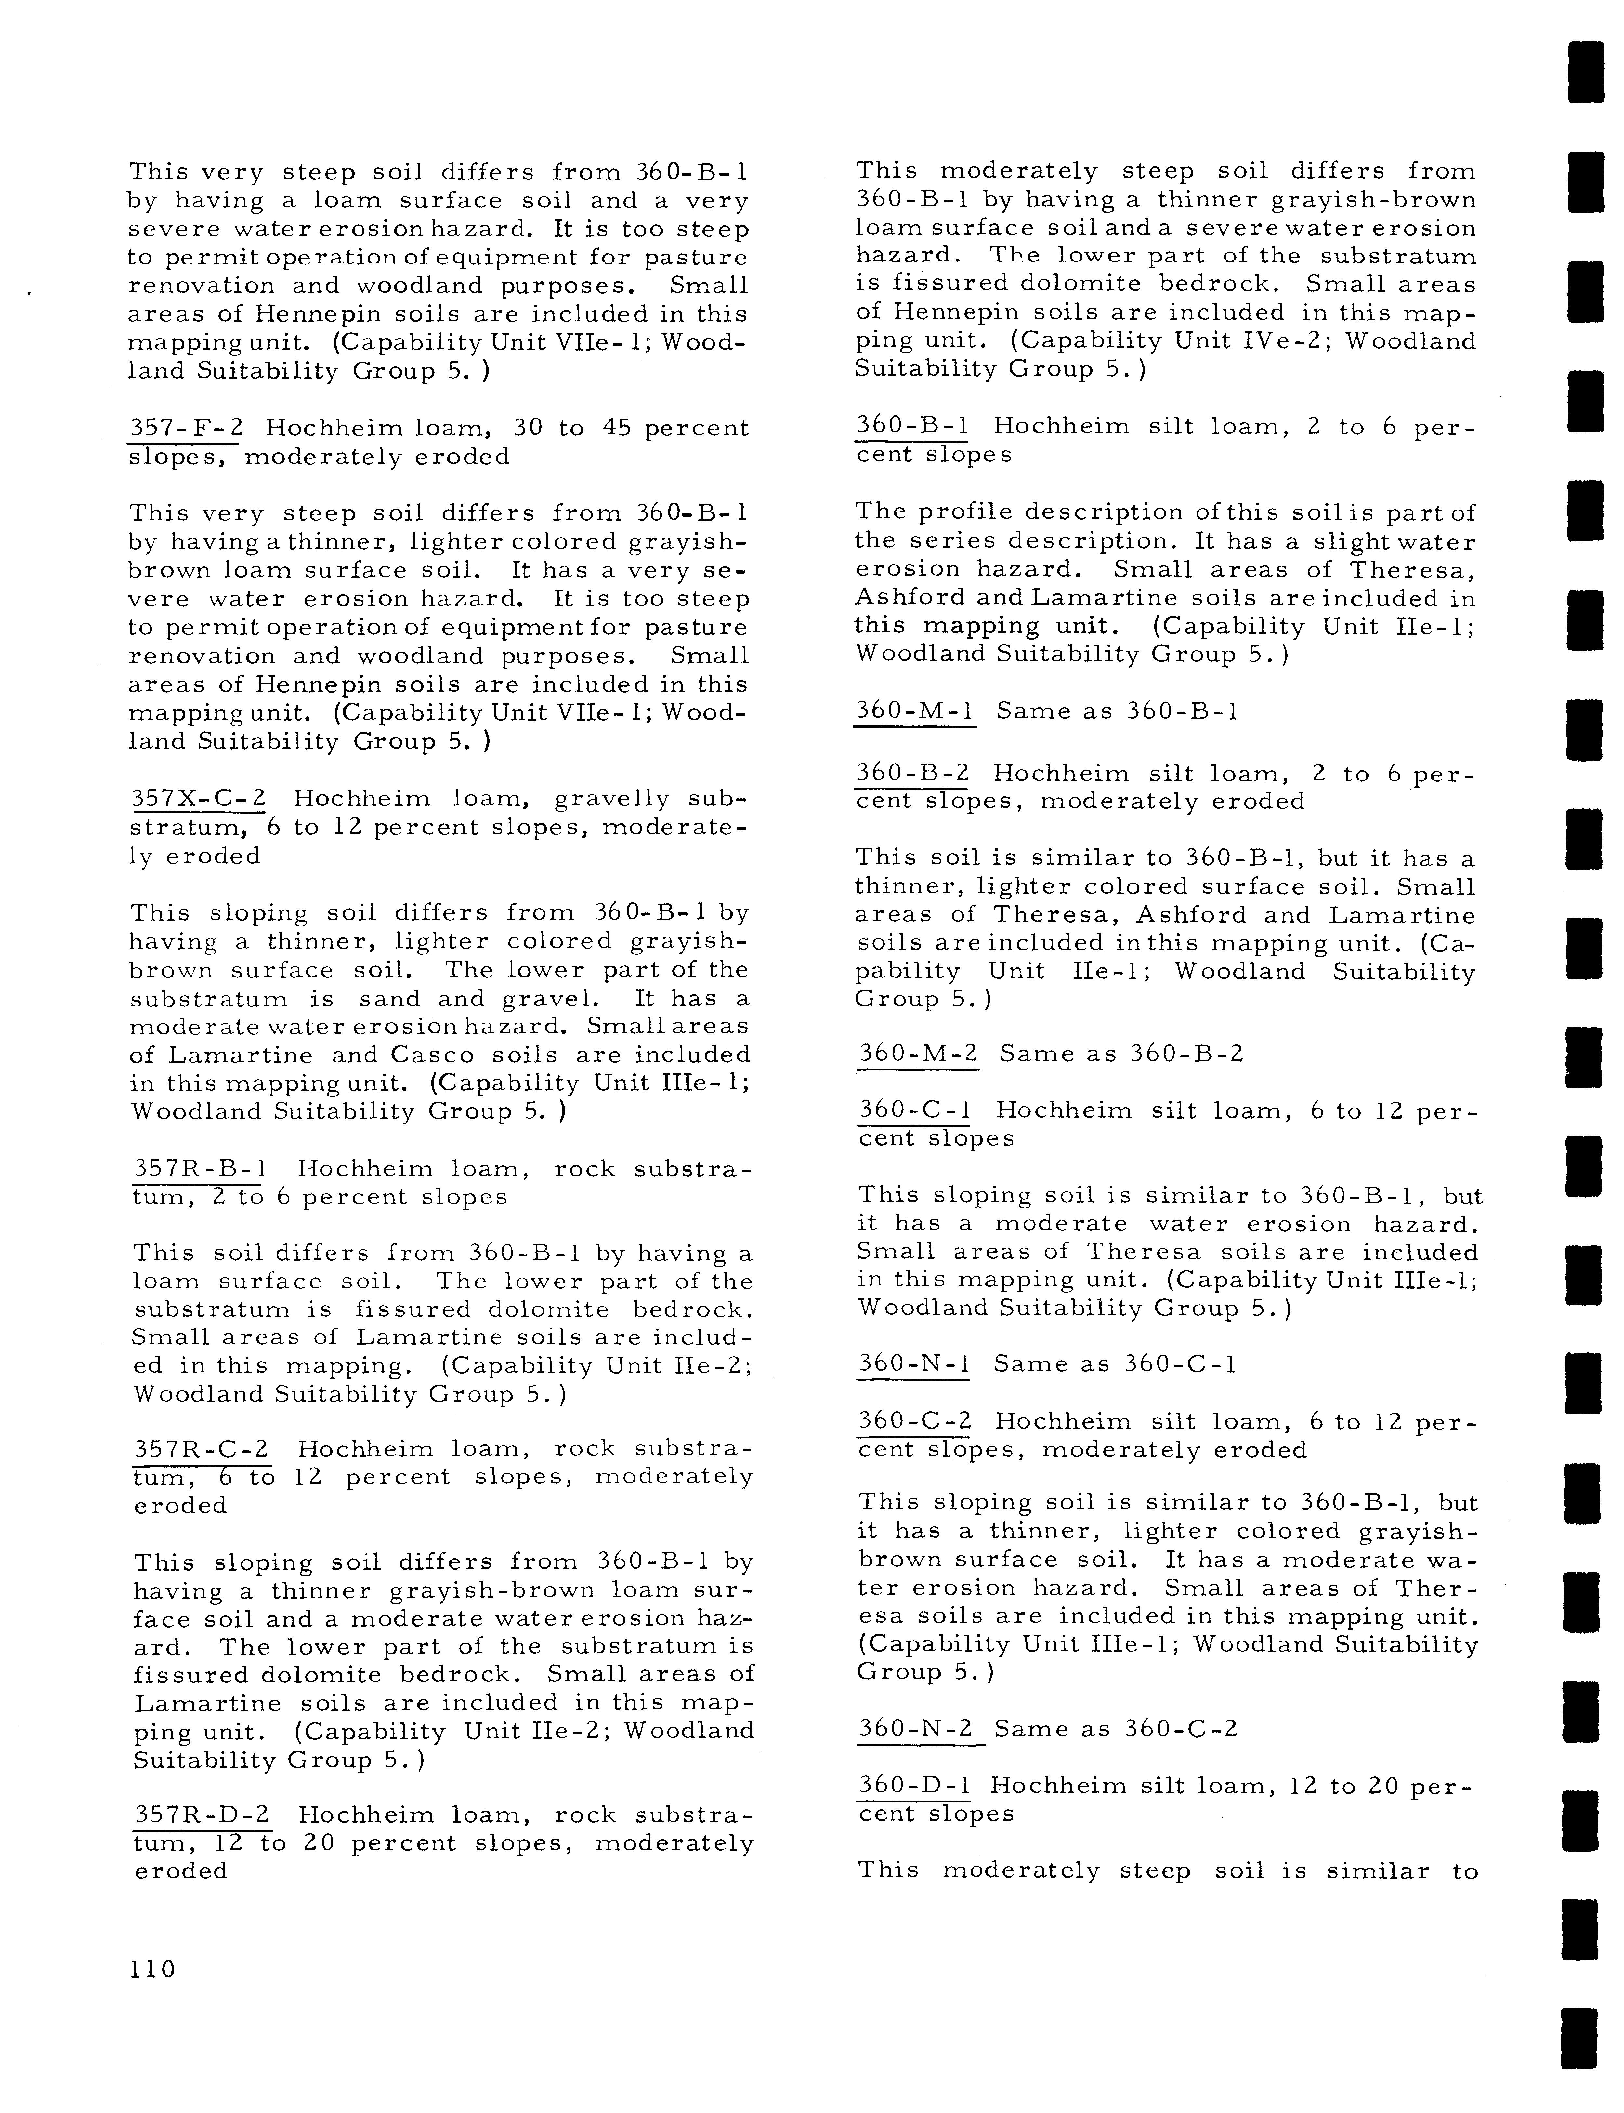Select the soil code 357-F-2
coord(184,428)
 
